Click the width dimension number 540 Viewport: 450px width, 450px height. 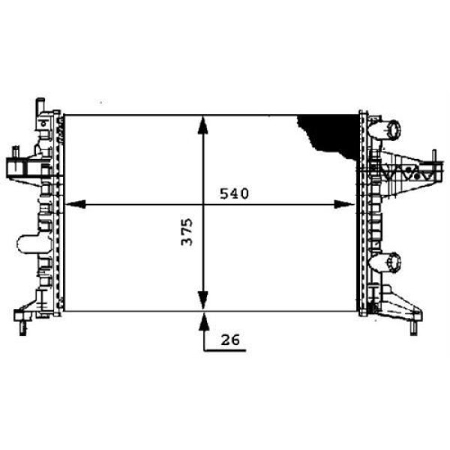[233, 193]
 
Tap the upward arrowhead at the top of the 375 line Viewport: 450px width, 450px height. [202, 124]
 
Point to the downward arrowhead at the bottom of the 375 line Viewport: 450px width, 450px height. [202, 301]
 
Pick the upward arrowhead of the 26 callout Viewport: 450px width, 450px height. [202, 321]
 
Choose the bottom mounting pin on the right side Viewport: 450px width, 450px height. [413, 328]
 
